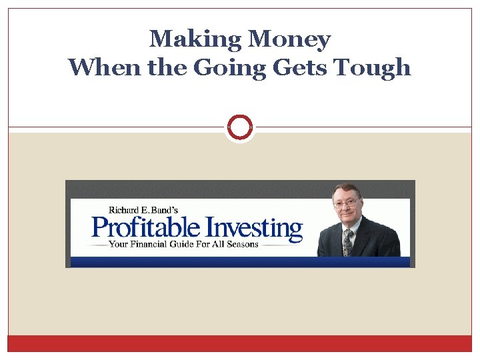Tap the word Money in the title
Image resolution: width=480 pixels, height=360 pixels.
(x=289, y=39)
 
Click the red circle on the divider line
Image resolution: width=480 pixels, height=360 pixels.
(x=240, y=127)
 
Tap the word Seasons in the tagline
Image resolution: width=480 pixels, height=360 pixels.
(x=240, y=244)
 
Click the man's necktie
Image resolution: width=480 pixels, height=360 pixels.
(x=347, y=242)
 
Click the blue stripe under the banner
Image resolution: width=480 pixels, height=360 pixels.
(x=240, y=261)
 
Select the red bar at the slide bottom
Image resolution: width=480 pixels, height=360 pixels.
(x=240, y=343)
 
